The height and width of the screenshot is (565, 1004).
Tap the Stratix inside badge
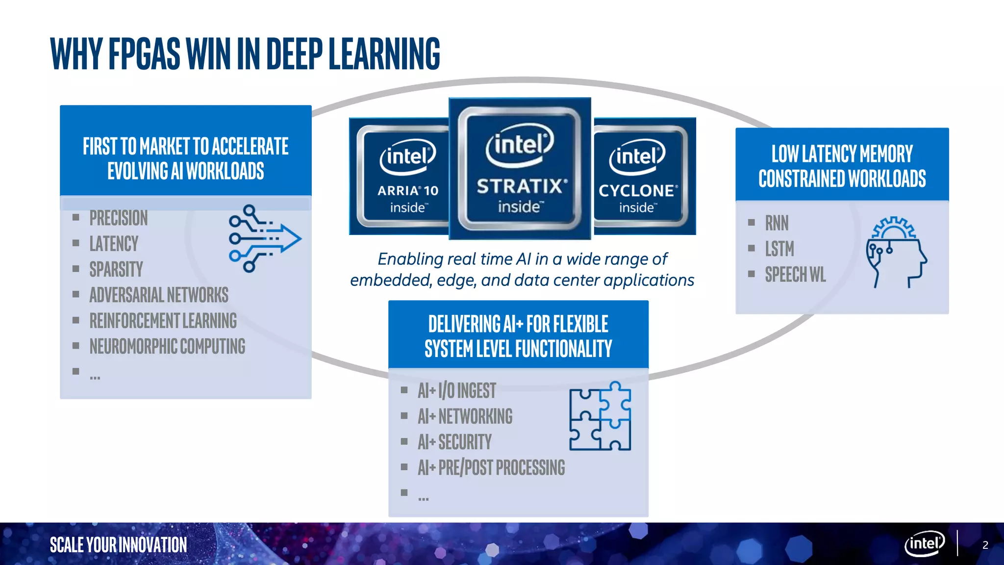pyautogui.click(x=520, y=168)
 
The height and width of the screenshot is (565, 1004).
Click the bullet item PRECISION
pyautogui.click(x=118, y=218)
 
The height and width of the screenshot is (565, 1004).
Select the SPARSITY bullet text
pyautogui.click(x=116, y=269)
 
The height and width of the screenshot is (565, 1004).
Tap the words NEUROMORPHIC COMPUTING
pyautogui.click(x=167, y=346)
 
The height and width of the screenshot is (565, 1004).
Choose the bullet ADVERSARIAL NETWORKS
pyautogui.click(x=159, y=295)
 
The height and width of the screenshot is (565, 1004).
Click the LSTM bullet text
pyautogui.click(x=779, y=249)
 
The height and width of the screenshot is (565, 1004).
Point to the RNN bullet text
pyautogui.click(x=777, y=223)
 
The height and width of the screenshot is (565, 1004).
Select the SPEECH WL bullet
pyautogui.click(x=795, y=275)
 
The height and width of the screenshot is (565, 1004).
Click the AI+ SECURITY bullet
pyautogui.click(x=454, y=442)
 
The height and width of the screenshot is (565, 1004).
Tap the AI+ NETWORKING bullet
pyautogui.click(x=465, y=416)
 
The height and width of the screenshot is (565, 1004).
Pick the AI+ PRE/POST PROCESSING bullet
pyautogui.click(x=491, y=467)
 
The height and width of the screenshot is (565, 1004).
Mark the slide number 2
pyautogui.click(x=985, y=545)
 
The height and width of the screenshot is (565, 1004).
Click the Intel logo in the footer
pyautogui.click(x=924, y=543)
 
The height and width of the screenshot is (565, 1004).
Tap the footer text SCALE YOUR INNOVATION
pyautogui.click(x=118, y=545)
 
